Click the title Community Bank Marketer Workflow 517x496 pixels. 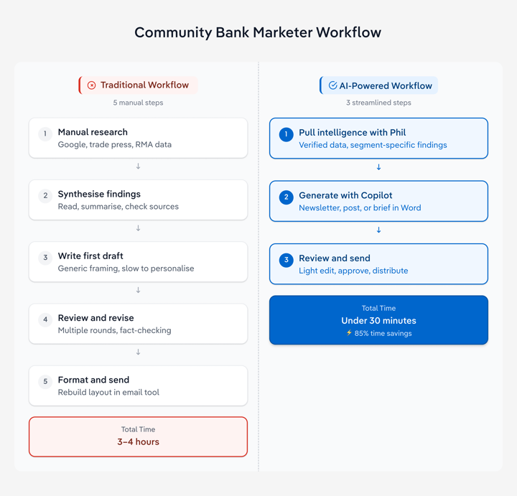pyautogui.click(x=258, y=32)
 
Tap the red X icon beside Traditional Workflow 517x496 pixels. pyautogui.click(x=91, y=85)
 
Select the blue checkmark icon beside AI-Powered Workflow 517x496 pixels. pyautogui.click(x=332, y=85)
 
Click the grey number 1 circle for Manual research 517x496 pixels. pyautogui.click(x=45, y=134)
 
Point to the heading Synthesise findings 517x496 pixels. pyautogui.click(x=99, y=194)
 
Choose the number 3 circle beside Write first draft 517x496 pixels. pyautogui.click(x=45, y=258)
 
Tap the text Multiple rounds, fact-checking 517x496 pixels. pyautogui.click(x=114, y=330)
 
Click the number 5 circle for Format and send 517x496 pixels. pyautogui.click(x=45, y=381)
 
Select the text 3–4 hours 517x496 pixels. pyautogui.click(x=138, y=441)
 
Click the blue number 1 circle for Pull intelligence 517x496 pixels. pyautogui.click(x=286, y=134)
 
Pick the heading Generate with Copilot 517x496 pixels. pyautogui.click(x=345, y=195)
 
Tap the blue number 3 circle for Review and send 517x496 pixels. pyautogui.click(x=286, y=260)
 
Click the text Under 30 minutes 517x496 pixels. pyautogui.click(x=378, y=321)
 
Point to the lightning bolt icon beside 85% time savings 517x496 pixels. pyautogui.click(x=349, y=333)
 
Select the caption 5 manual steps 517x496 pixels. pyautogui.click(x=138, y=103)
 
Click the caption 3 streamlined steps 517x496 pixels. pyautogui.click(x=378, y=103)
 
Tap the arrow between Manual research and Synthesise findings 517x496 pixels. pyautogui.click(x=138, y=167)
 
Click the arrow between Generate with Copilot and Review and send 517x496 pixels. pyautogui.click(x=378, y=230)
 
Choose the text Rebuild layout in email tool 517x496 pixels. pyautogui.click(x=108, y=392)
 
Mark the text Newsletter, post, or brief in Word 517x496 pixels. pyautogui.click(x=360, y=207)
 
